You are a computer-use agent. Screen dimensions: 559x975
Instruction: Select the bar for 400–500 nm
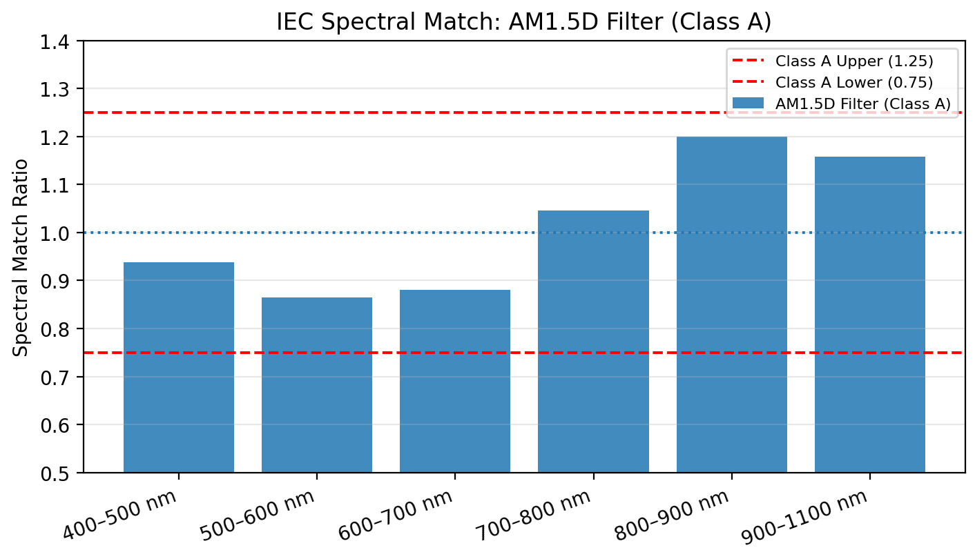179,367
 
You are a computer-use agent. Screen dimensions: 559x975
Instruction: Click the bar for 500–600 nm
317,384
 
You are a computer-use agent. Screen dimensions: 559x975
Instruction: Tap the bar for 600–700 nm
455,381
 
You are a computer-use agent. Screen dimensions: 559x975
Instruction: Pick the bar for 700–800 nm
593,342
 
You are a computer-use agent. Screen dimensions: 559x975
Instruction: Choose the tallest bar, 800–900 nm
731,304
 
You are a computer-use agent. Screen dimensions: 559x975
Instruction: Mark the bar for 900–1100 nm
869,315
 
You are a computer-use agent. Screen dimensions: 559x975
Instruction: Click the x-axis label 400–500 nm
122,514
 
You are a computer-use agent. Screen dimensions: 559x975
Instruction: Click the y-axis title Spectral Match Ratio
21,257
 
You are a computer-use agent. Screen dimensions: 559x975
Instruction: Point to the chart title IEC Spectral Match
523,22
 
